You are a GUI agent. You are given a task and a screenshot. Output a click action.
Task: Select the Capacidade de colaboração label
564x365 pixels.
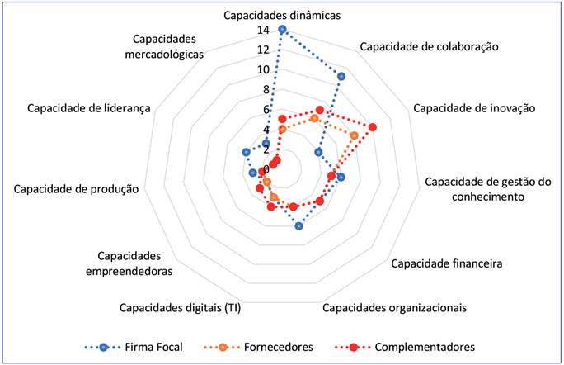429,46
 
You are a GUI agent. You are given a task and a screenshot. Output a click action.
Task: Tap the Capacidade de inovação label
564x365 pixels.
475,107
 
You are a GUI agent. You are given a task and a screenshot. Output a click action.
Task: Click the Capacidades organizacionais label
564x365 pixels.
393,308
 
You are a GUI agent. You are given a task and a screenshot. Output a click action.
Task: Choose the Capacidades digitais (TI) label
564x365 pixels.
179,308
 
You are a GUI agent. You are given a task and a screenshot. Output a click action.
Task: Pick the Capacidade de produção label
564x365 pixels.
75,188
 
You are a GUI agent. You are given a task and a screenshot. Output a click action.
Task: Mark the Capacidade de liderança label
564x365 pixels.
88,107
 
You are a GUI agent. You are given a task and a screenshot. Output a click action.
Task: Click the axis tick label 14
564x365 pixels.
262,31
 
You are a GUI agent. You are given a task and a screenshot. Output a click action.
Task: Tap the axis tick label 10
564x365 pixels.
262,70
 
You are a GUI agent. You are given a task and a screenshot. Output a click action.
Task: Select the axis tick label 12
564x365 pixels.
262,50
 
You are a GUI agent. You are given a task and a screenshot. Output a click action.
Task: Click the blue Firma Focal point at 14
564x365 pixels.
282,30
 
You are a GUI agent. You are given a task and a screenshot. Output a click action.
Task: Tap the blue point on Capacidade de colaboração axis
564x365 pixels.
341,76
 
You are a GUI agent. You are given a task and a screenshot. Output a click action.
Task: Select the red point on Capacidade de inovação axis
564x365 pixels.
373,127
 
